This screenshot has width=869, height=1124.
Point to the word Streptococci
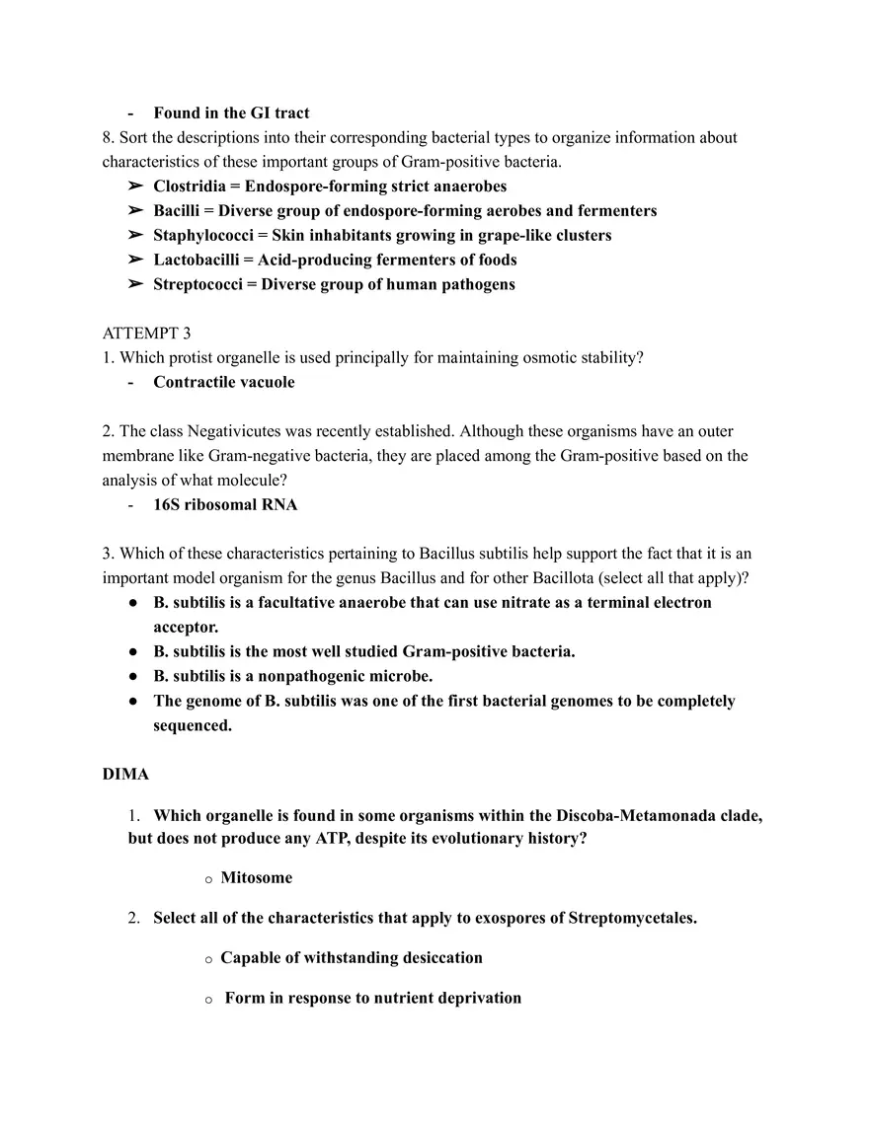coord(196,285)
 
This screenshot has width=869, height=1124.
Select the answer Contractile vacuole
coord(223,382)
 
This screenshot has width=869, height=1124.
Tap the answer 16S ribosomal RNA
coord(225,505)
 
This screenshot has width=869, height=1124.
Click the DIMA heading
coord(125,775)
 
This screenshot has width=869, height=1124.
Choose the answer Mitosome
coord(256,877)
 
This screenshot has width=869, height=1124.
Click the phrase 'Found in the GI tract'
coord(231,113)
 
